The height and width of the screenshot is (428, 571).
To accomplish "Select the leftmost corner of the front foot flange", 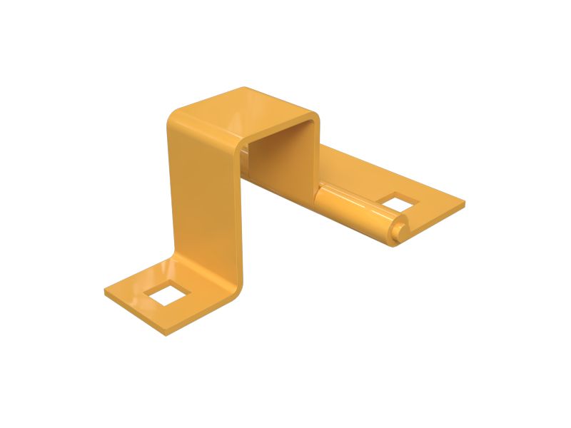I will tap(106, 292).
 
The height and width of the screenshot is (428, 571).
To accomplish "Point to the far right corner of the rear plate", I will tap(464, 203).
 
